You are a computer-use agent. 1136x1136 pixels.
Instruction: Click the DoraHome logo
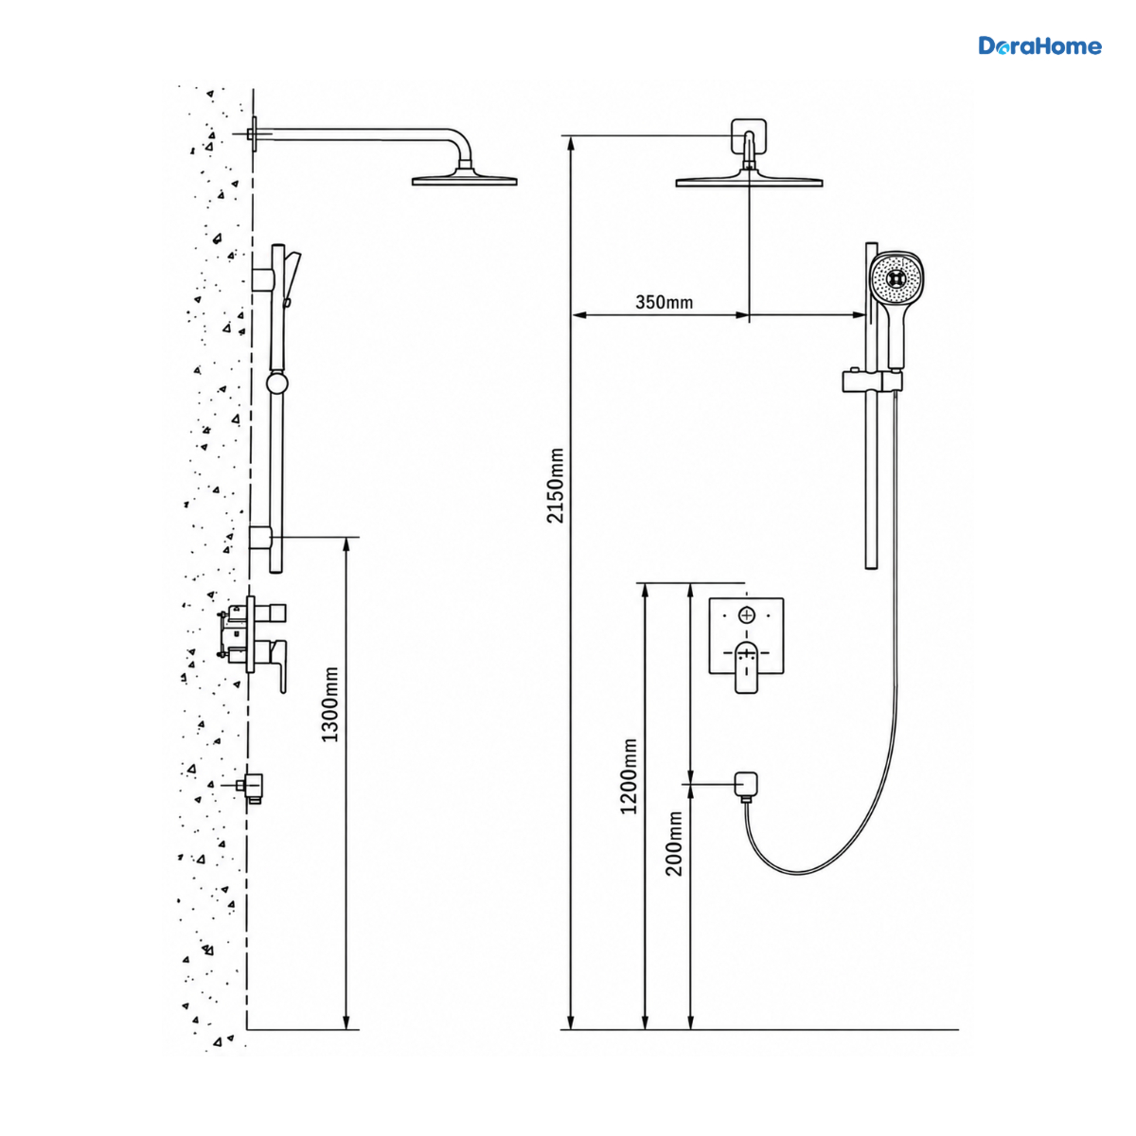[x=1039, y=46]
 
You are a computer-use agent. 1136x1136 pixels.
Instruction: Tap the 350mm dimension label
[x=664, y=302]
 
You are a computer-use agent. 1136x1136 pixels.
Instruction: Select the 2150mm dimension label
[x=556, y=486]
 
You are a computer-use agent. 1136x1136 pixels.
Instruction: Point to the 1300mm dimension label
[x=330, y=704]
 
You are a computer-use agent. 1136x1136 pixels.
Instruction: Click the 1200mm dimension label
[x=629, y=776]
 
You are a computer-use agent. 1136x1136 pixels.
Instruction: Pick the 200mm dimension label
[x=674, y=843]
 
